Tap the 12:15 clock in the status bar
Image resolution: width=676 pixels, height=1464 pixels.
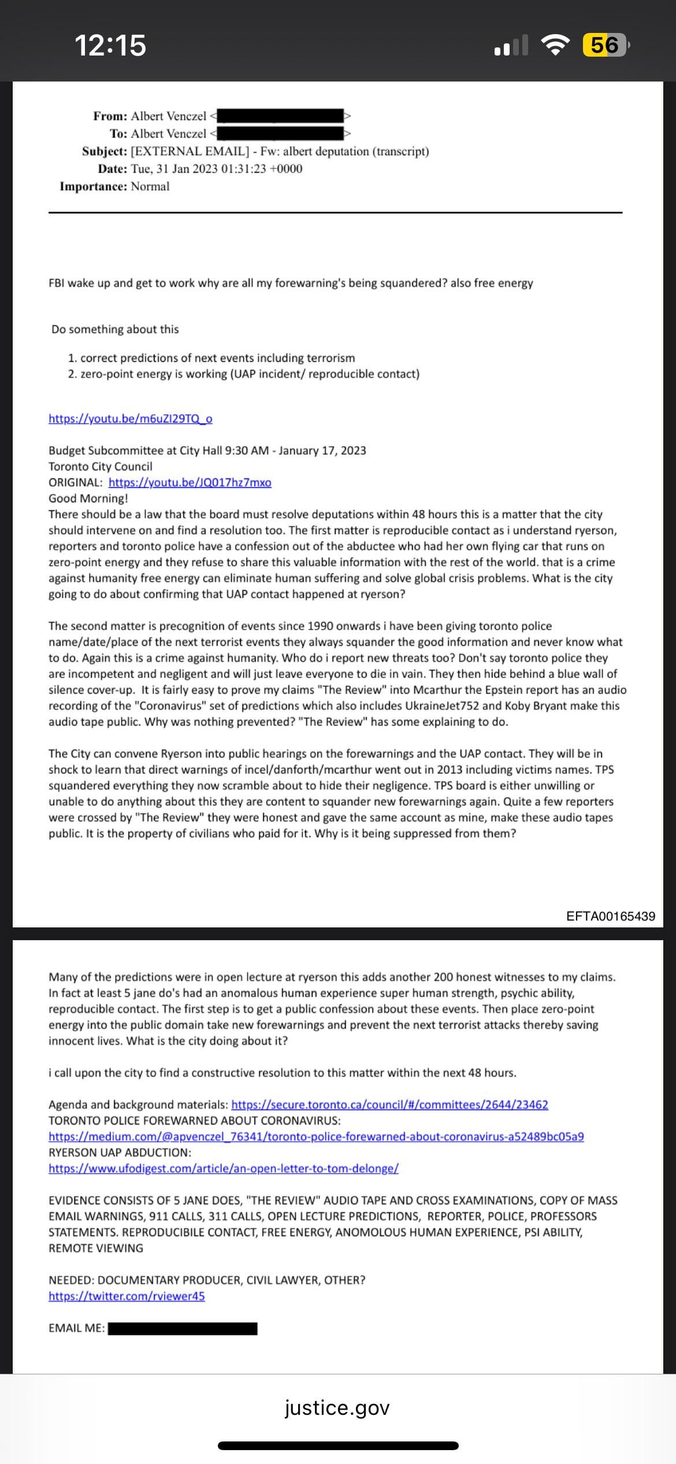pos(110,45)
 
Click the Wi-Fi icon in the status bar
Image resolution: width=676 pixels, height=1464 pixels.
pos(555,45)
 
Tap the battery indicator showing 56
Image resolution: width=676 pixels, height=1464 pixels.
pos(605,45)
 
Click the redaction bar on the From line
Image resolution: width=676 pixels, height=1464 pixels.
pos(280,116)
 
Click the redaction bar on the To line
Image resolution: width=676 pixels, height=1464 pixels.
pos(280,134)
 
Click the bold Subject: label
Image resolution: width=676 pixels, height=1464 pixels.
pos(104,151)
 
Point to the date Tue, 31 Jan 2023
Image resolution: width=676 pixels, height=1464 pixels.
pos(174,169)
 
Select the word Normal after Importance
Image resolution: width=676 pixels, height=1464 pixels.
pos(150,186)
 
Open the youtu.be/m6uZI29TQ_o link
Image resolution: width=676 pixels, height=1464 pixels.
pos(130,419)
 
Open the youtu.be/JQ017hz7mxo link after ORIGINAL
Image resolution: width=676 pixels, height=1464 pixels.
pos(190,482)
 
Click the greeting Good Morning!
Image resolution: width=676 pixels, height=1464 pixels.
pos(88,498)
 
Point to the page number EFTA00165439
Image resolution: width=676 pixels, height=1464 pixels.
pos(611,916)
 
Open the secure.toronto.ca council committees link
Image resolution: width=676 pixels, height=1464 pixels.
pos(389,1104)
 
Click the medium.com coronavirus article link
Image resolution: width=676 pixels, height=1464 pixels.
pos(316,1137)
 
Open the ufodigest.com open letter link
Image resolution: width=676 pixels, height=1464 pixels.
pos(223,1169)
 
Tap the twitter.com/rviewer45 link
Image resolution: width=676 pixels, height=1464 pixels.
pos(127,1296)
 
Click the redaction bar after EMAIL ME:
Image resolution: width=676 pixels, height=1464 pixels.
pos(183,1328)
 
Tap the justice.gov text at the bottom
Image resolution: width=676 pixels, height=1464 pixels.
pos(337,1407)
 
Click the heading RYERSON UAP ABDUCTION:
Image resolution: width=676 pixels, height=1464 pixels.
pos(120,1152)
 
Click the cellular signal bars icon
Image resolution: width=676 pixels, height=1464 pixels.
pos(511,45)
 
